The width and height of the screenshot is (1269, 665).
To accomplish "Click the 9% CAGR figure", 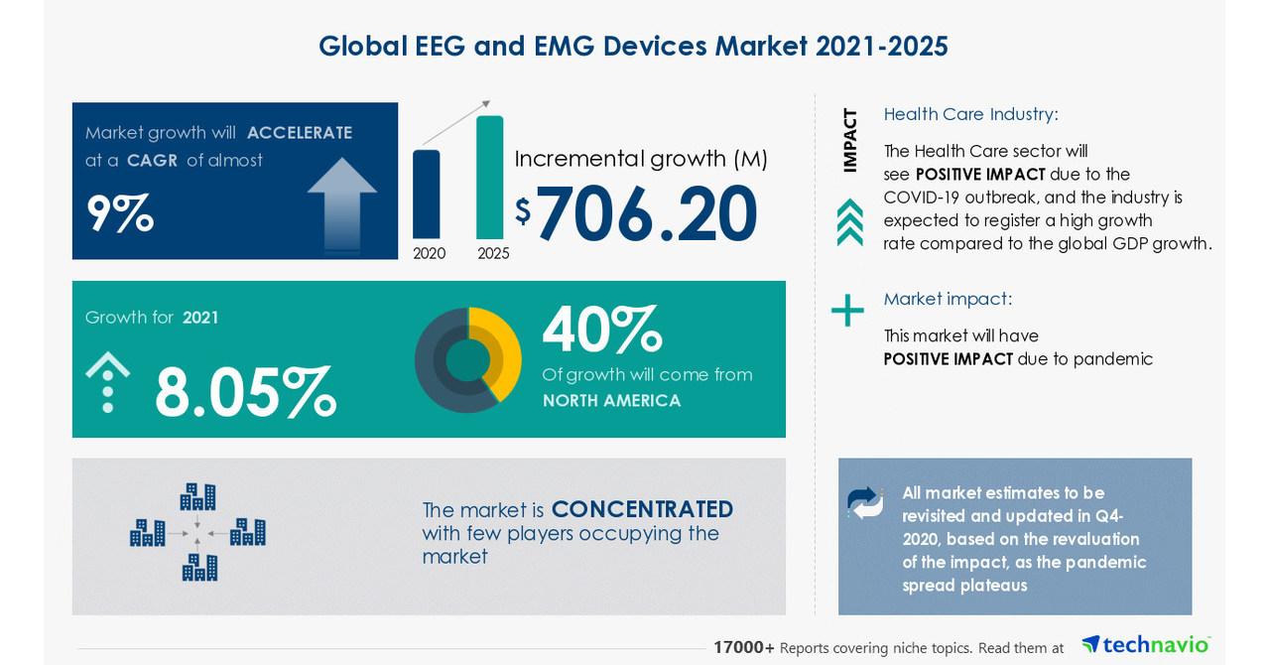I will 120,212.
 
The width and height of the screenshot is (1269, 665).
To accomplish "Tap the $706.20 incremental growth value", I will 646,214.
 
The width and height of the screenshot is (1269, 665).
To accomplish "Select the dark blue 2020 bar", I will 427,195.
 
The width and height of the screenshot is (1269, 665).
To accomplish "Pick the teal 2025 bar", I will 490,178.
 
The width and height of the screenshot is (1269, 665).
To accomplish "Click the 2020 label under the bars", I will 430,253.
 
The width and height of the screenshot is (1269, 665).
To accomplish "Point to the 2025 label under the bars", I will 493,253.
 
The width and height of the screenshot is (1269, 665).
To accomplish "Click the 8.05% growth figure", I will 245,392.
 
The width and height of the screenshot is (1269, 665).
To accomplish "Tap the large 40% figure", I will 601,331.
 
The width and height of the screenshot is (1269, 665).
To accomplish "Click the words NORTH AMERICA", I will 611,401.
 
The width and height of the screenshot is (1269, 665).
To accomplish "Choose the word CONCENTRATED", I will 642,509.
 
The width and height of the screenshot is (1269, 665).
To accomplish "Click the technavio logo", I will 1146,645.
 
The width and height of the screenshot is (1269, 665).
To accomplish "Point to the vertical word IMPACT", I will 850,140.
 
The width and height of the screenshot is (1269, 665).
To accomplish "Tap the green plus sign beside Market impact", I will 847,310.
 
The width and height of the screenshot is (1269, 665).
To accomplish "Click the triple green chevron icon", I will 849,221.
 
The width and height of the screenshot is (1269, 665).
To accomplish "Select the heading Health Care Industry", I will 970,114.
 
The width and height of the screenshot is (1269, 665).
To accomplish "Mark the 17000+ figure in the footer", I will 744,647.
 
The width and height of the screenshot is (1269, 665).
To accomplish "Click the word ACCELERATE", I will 300,133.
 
